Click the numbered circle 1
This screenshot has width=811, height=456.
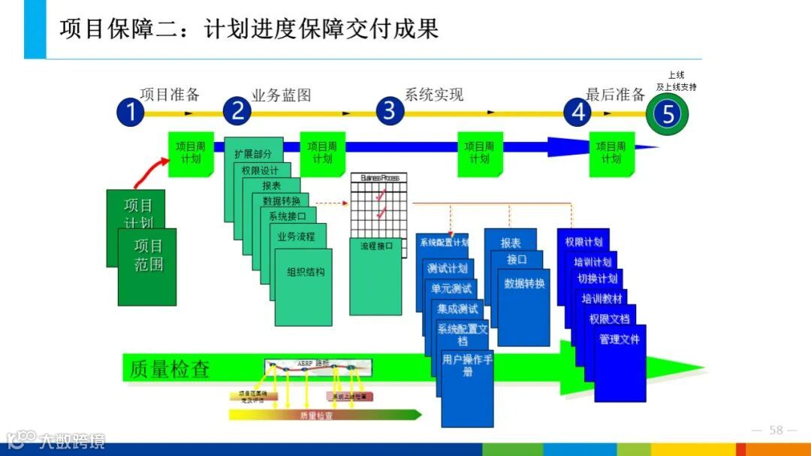130,113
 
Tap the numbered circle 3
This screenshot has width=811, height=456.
389,111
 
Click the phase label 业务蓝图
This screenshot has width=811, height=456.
281,95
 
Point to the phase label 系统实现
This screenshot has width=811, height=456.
434,95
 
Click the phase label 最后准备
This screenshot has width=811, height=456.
615,95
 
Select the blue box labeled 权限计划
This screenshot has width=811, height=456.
583,242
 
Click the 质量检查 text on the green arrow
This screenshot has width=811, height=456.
170,369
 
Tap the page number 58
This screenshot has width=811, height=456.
776,430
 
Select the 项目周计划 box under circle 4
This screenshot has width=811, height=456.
611,153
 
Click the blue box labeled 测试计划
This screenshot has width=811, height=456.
447,268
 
